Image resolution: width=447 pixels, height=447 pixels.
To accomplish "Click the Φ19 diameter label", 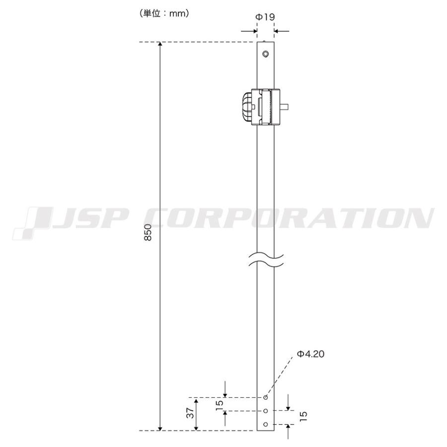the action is [x=265, y=17].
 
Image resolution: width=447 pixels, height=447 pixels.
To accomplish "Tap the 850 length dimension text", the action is [x=148, y=232].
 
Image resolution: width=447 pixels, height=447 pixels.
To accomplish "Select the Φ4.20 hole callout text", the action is [x=310, y=354].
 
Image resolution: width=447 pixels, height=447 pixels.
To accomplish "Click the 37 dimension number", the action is [x=190, y=412].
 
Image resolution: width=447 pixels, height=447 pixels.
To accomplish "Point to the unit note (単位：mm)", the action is [x=164, y=13].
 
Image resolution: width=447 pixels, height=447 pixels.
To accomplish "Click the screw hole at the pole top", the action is [x=266, y=54].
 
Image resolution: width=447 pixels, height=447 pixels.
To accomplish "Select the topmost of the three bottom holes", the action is [x=266, y=397].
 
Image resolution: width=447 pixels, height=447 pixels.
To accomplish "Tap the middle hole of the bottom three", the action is [x=266, y=411].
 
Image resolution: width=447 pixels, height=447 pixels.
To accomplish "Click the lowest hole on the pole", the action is [x=266, y=425].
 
